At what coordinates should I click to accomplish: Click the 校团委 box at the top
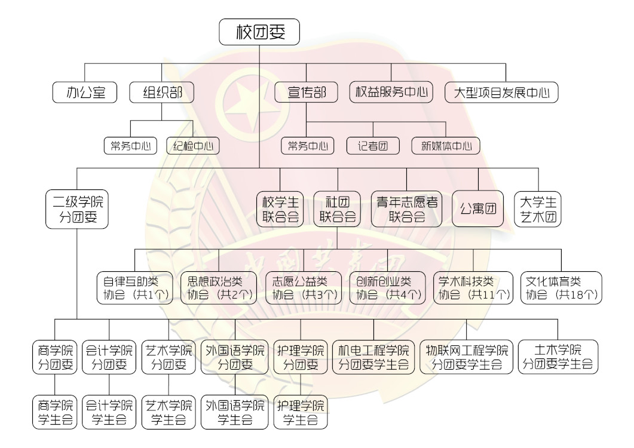click(x=259, y=32)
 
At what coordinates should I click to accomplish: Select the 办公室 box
click(x=87, y=93)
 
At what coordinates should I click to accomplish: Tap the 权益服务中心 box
click(x=391, y=93)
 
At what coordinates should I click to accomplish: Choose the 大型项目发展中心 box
click(x=502, y=93)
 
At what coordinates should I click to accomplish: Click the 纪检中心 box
click(x=193, y=146)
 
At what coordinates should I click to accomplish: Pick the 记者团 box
click(x=373, y=146)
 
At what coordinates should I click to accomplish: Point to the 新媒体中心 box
click(x=446, y=146)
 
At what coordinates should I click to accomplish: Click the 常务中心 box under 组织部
click(x=130, y=146)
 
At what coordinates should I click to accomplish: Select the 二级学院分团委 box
click(x=77, y=209)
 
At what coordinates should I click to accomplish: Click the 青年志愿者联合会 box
click(x=407, y=209)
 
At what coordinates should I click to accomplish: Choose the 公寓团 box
click(x=478, y=209)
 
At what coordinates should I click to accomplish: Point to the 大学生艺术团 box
click(x=538, y=209)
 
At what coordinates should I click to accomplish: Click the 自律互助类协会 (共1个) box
click(x=134, y=287)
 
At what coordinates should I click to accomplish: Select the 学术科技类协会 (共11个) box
click(x=474, y=287)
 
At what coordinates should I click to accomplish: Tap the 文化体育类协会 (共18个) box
click(x=562, y=287)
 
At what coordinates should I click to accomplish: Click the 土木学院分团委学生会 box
click(x=558, y=357)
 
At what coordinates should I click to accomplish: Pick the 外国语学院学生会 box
click(x=235, y=412)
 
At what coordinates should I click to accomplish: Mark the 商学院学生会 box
click(x=55, y=412)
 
